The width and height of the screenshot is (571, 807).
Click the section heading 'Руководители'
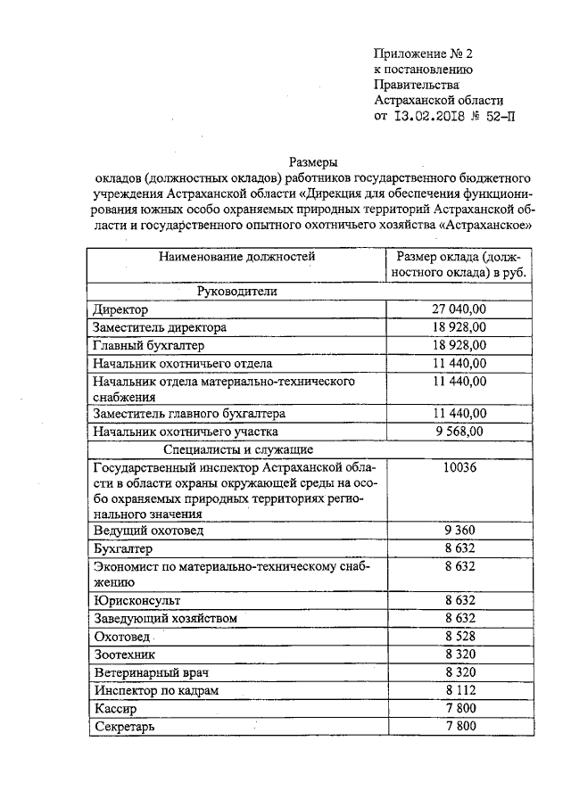[x=237, y=292]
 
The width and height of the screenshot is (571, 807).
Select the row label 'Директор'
[x=120, y=310]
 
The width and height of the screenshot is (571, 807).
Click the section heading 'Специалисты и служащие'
[x=237, y=449]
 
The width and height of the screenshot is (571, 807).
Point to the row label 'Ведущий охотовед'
[x=148, y=531]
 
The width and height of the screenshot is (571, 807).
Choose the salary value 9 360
[x=459, y=531]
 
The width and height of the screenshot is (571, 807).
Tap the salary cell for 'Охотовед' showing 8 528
[x=459, y=636]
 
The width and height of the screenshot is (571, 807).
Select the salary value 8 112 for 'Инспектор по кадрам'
[x=459, y=690]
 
